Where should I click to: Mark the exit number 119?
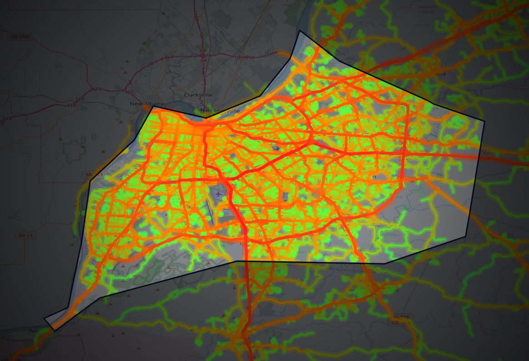(97, 89)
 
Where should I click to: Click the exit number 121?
(130, 92)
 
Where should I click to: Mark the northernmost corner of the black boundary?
(299, 31)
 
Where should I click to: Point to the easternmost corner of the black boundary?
(484, 121)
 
